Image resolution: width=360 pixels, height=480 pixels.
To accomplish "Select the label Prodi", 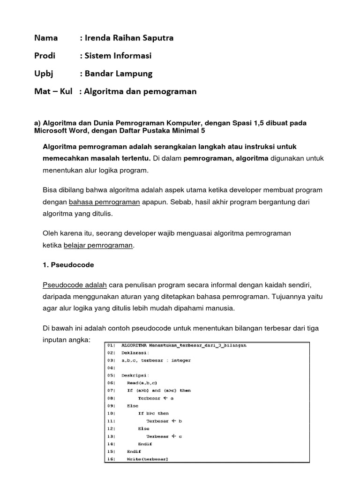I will coord(45,56).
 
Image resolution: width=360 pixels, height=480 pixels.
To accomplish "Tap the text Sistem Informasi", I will coord(118,56).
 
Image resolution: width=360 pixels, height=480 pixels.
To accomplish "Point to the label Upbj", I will coord(44,74).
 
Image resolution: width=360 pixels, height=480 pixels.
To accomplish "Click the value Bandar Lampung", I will coord(118,74).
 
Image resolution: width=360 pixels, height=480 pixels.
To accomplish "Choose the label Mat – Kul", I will coord(53,91).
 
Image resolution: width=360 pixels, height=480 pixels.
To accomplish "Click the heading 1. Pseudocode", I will coord(68,265).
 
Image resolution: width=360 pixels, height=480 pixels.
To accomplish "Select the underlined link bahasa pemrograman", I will coord(105,202).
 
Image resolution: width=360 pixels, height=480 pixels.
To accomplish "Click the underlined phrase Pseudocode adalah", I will coord(75,285).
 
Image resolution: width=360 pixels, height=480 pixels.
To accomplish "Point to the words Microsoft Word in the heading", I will coord(59,131).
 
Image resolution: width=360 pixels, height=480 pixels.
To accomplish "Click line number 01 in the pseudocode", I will coord(111,345).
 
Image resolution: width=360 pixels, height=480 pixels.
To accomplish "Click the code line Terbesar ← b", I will coord(164,421).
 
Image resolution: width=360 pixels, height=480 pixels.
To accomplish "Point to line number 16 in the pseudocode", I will coord(111,459).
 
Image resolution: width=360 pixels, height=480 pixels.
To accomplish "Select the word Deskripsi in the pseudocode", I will coord(135,375).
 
